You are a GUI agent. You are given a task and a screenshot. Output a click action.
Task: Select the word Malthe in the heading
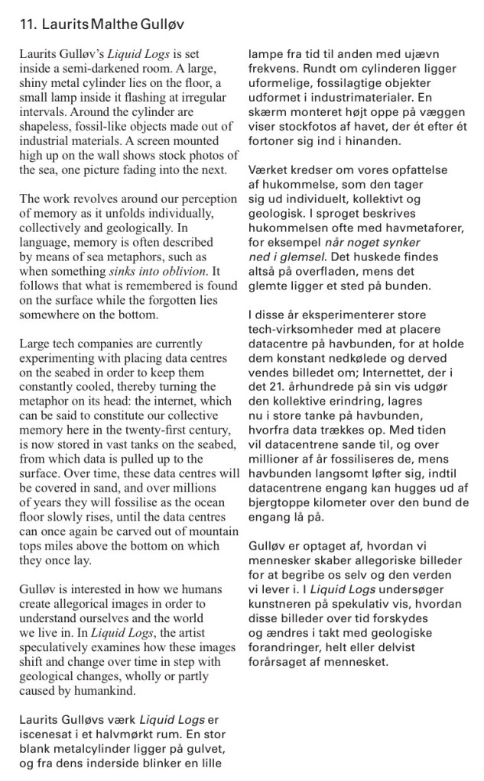click(x=109, y=25)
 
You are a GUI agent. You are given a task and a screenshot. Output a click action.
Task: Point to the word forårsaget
click(x=283, y=663)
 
